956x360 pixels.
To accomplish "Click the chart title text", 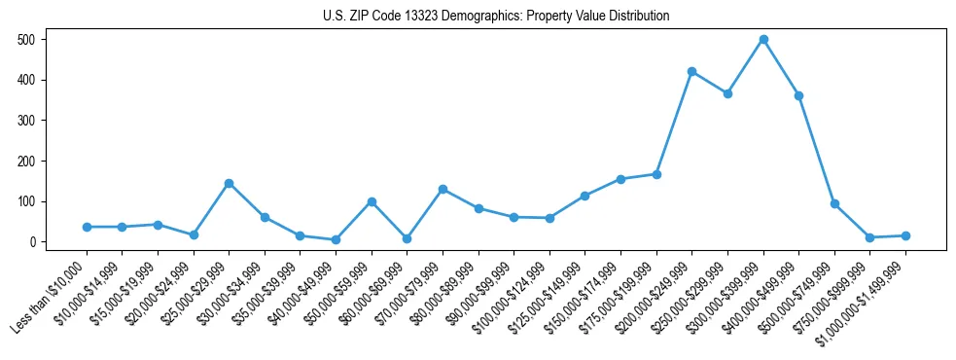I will pos(496,17).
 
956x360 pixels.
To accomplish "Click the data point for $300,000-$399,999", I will pos(763,40).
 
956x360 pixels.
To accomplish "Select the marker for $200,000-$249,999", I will pos(691,71).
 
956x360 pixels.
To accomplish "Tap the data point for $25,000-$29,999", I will pos(229,183).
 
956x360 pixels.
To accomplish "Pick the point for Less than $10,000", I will pos(87,227).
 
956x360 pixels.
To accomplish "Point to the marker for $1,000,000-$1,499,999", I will pos(905,235).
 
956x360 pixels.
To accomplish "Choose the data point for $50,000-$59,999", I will pos(372,201).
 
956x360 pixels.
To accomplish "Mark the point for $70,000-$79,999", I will pos(443,189).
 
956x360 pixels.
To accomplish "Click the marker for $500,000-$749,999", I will pos(834,203).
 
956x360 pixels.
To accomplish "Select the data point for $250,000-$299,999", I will pos(727,93).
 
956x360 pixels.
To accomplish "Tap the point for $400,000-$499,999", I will pos(798,95).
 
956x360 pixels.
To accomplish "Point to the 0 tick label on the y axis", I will pos(34,242).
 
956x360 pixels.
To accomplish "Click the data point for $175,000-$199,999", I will pos(656,174).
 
